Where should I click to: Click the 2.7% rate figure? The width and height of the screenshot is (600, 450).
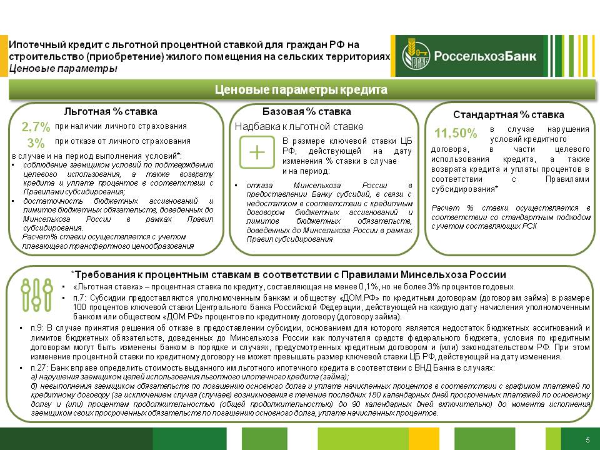tap(36, 127)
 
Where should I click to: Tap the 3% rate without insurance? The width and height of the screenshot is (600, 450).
tap(36, 143)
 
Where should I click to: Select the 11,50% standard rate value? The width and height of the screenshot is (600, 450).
tap(456, 133)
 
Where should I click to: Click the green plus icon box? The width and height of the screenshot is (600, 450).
tap(257, 152)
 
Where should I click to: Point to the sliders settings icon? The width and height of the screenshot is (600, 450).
tap(37, 294)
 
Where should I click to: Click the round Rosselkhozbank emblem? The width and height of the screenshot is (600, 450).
tap(416, 56)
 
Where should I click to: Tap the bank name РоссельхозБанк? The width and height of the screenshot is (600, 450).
tap(485, 56)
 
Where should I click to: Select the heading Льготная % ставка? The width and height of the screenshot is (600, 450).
tap(111, 112)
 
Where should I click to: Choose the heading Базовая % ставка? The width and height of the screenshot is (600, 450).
tap(306, 112)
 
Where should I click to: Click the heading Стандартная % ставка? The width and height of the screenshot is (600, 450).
tap(509, 115)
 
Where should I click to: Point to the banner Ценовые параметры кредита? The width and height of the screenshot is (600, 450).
tap(301, 89)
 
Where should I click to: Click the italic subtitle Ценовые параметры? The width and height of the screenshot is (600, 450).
tap(62, 69)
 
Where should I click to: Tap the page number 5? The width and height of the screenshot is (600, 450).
tap(587, 440)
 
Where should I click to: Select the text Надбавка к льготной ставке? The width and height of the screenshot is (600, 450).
tap(299, 127)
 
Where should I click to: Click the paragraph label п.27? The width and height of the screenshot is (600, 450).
tap(39, 368)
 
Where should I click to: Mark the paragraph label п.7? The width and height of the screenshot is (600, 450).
tap(80, 298)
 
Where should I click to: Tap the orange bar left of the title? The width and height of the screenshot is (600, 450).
tap(4, 56)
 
